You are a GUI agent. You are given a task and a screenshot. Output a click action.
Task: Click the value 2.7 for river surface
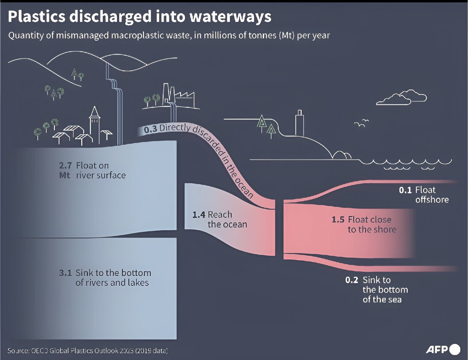pyautogui.click(x=65, y=166)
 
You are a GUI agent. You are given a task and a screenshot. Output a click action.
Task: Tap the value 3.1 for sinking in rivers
pyautogui.click(x=65, y=273)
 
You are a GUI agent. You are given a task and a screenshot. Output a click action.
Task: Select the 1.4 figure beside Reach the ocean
pyautogui.click(x=199, y=215)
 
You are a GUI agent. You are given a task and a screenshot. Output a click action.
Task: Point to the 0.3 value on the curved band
pyautogui.click(x=150, y=130)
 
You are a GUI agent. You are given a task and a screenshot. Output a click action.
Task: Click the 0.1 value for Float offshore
pyautogui.click(x=405, y=190)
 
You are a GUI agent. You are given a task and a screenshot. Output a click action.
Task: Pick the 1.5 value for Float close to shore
pyautogui.click(x=338, y=220)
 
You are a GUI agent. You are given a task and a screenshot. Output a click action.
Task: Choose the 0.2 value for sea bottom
pyautogui.click(x=352, y=280)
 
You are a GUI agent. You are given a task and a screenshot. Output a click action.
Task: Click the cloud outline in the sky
pyautogui.click(x=401, y=97)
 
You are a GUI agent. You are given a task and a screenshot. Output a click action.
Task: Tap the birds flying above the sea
pyautogui.click(x=361, y=123)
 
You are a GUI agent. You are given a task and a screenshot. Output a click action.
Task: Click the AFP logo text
pyautogui.click(x=437, y=350)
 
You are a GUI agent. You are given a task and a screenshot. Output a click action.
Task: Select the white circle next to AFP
pyautogui.click(x=454, y=349)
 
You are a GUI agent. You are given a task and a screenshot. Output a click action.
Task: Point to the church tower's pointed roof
pyautogui.click(x=94, y=112)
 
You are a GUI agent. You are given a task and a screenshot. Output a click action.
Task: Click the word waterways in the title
pyautogui.click(x=231, y=17)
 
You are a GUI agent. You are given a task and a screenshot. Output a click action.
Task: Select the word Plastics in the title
pyautogui.click(x=37, y=16)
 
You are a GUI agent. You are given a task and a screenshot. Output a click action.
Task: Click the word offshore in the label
pyautogui.click(x=432, y=200)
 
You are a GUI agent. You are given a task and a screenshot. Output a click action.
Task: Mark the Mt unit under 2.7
pyautogui.click(x=65, y=175)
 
